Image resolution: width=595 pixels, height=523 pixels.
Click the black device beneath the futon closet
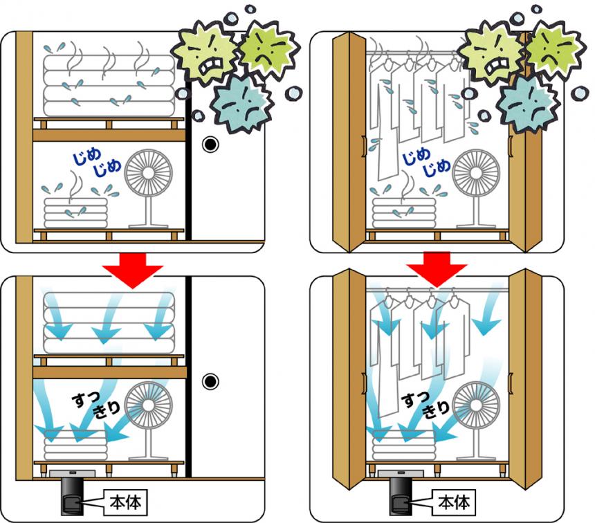71,495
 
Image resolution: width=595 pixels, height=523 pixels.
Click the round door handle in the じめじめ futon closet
210,144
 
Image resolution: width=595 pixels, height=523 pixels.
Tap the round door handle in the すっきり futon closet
210,381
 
